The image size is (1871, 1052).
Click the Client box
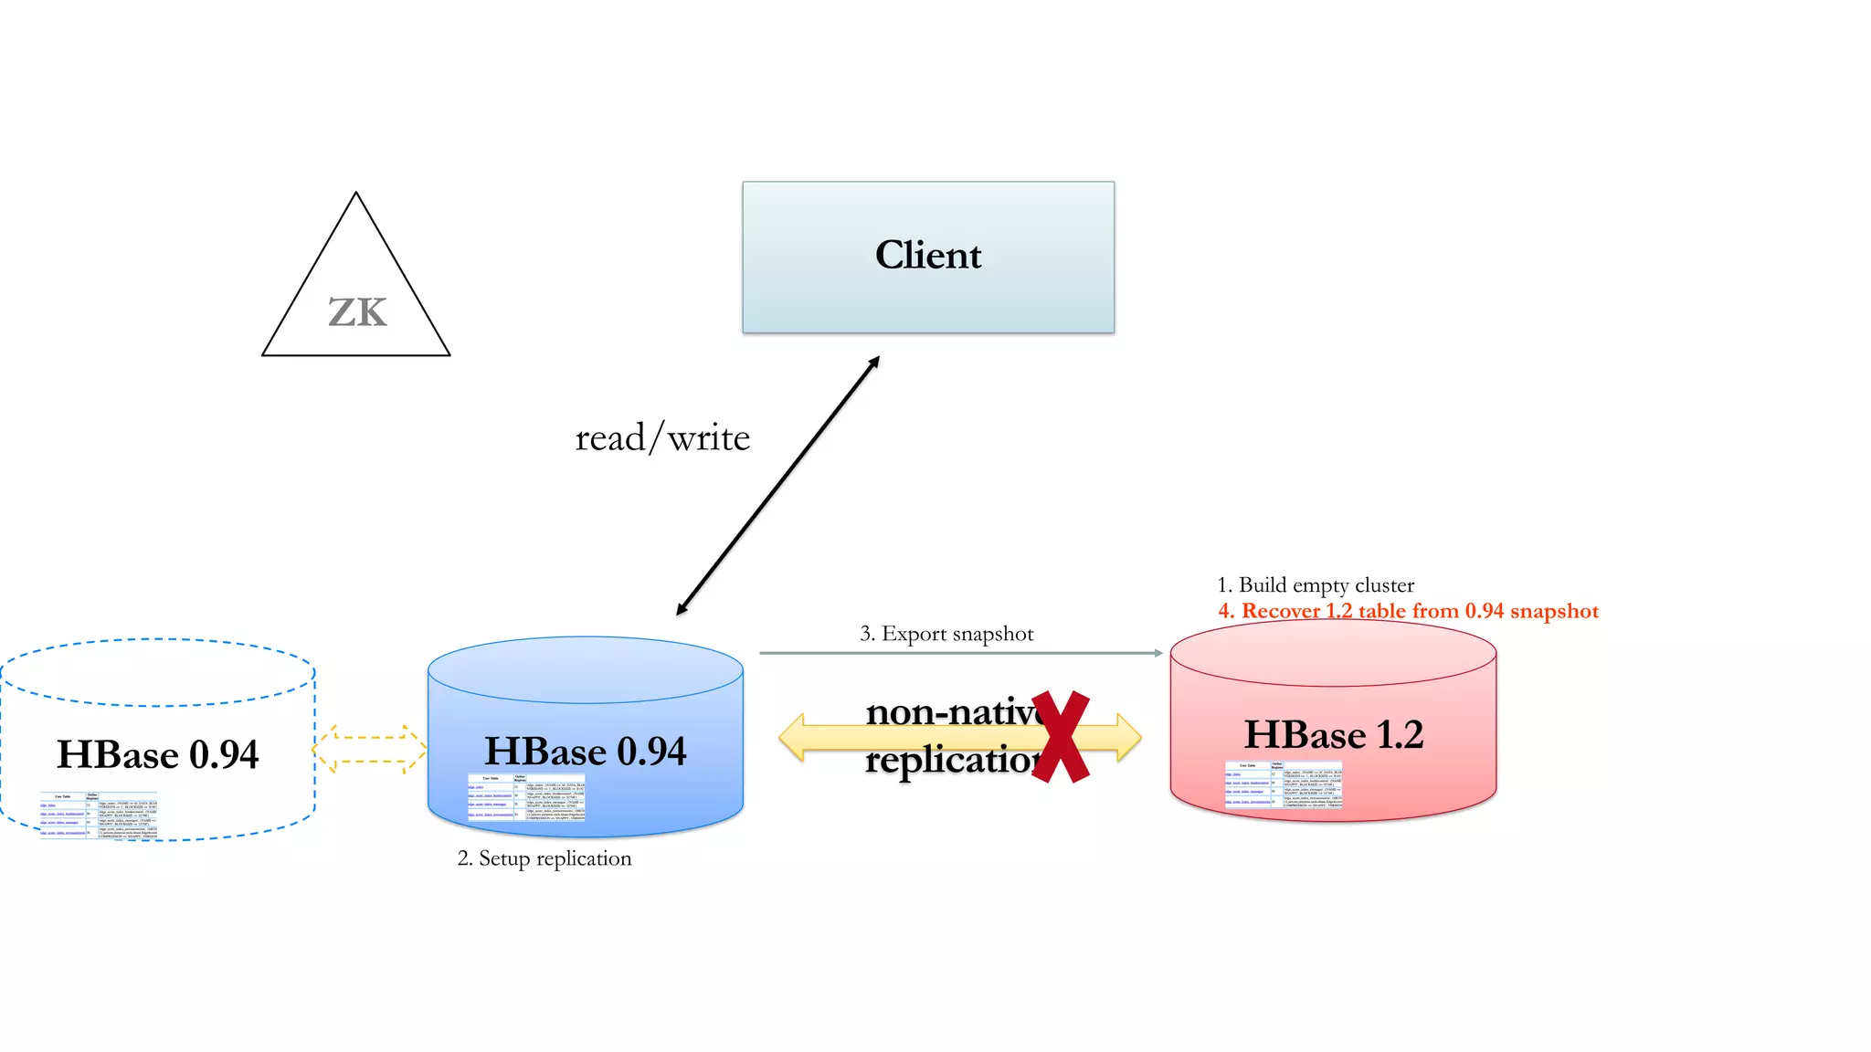click(x=928, y=257)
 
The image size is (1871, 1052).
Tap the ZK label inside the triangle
click(x=357, y=313)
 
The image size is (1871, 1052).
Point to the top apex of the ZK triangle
click(x=356, y=195)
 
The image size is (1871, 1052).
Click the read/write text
click(x=662, y=438)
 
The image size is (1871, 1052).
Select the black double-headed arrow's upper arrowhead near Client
click(x=874, y=362)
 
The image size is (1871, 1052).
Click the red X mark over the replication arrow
click(x=1061, y=736)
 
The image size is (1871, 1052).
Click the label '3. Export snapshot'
click(x=946, y=634)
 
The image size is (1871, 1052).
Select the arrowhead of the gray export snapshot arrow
click(x=1157, y=653)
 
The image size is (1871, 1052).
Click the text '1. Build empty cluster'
click(x=1316, y=585)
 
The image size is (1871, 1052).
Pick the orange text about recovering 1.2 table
click(x=1408, y=611)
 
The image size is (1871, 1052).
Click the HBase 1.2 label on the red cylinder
click(x=1334, y=734)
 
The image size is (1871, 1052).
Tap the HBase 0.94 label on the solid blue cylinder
click(x=585, y=751)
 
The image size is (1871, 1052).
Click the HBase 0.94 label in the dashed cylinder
click(x=158, y=754)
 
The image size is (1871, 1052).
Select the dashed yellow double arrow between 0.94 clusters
click(x=370, y=749)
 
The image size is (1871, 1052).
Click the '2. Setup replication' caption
click(x=544, y=858)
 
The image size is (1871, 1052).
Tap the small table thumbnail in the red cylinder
click(x=1284, y=784)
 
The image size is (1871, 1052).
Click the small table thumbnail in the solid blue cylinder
click(x=526, y=797)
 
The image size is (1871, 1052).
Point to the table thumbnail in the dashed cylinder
click(x=99, y=815)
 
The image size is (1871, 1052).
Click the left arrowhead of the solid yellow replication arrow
click(x=792, y=738)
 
